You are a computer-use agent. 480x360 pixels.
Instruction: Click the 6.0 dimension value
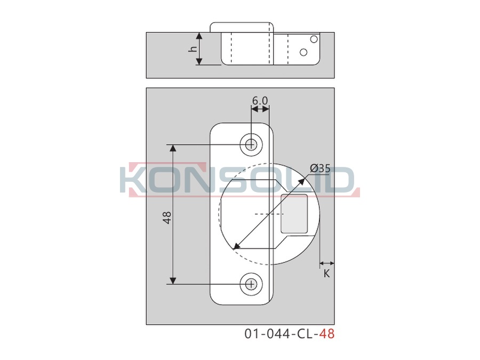pos(260,101)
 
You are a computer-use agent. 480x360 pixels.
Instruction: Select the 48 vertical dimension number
pos(167,218)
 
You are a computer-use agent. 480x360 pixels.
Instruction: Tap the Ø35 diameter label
pos(320,169)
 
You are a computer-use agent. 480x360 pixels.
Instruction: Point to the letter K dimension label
pos(326,274)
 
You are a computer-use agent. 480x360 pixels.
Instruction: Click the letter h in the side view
pos(193,49)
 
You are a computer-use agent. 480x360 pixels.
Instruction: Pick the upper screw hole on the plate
pos(251,145)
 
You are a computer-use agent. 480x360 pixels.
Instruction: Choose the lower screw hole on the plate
pos(251,284)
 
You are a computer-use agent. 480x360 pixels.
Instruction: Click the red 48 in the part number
pos(327,333)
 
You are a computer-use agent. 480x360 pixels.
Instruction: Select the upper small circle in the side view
pos(314,39)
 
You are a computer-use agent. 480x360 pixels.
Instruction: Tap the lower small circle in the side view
pos(303,52)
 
